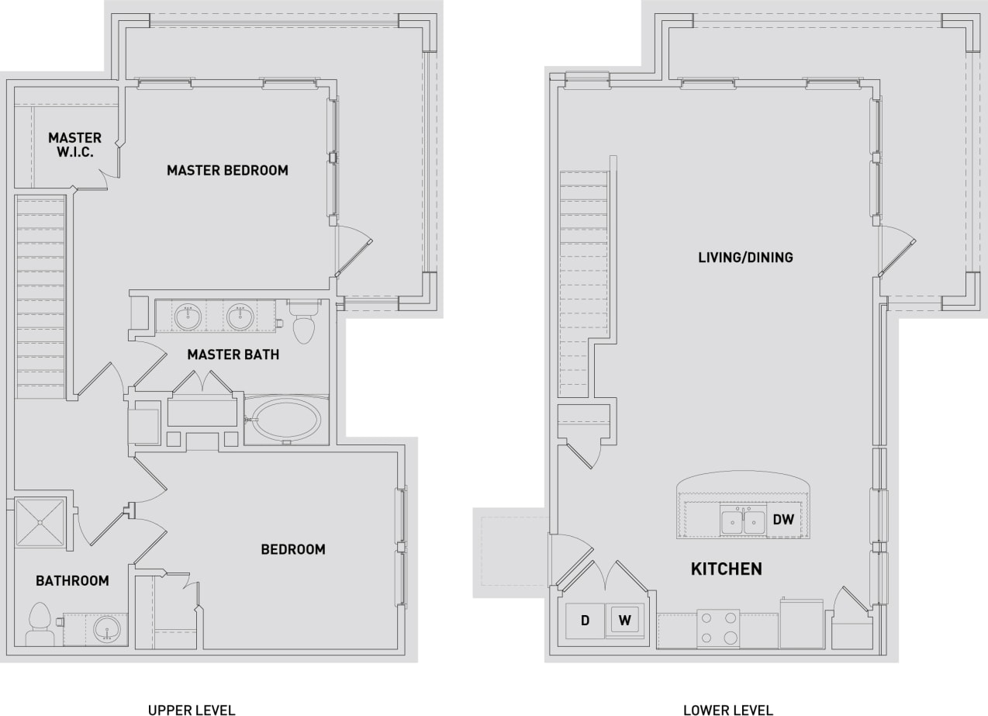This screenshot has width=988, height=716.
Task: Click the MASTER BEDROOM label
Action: (x=227, y=170)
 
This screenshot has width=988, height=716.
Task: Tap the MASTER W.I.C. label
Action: (x=74, y=145)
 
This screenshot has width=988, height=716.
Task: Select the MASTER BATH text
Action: (x=233, y=355)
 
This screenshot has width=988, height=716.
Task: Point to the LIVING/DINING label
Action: (x=745, y=258)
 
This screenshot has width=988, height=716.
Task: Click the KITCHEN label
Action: (x=726, y=569)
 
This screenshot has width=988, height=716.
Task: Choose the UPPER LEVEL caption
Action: (x=192, y=709)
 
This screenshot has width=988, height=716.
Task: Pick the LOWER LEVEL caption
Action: (x=727, y=709)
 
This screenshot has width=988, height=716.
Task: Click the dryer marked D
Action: (x=586, y=621)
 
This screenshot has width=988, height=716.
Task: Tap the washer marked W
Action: (x=625, y=621)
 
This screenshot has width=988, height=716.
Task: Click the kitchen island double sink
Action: (x=743, y=522)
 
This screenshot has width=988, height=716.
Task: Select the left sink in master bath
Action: (x=188, y=316)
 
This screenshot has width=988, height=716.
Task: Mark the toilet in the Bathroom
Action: (x=39, y=625)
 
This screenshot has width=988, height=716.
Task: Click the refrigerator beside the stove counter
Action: (x=801, y=624)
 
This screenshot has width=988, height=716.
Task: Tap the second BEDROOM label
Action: (x=292, y=549)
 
